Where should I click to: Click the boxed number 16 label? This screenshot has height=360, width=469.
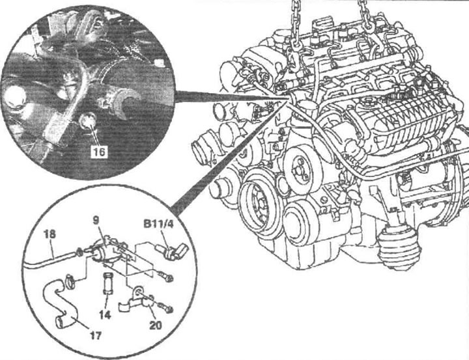(x=99, y=152)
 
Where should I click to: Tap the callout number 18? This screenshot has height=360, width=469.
(x=50, y=234)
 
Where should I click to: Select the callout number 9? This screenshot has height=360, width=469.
(x=96, y=221)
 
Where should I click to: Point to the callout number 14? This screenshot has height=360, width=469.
(x=106, y=314)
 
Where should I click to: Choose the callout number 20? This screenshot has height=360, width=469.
(x=156, y=325)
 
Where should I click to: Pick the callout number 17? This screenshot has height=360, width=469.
(x=95, y=335)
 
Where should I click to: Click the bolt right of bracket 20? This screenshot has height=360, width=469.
(x=165, y=308)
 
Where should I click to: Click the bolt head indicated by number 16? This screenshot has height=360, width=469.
(x=87, y=120)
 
